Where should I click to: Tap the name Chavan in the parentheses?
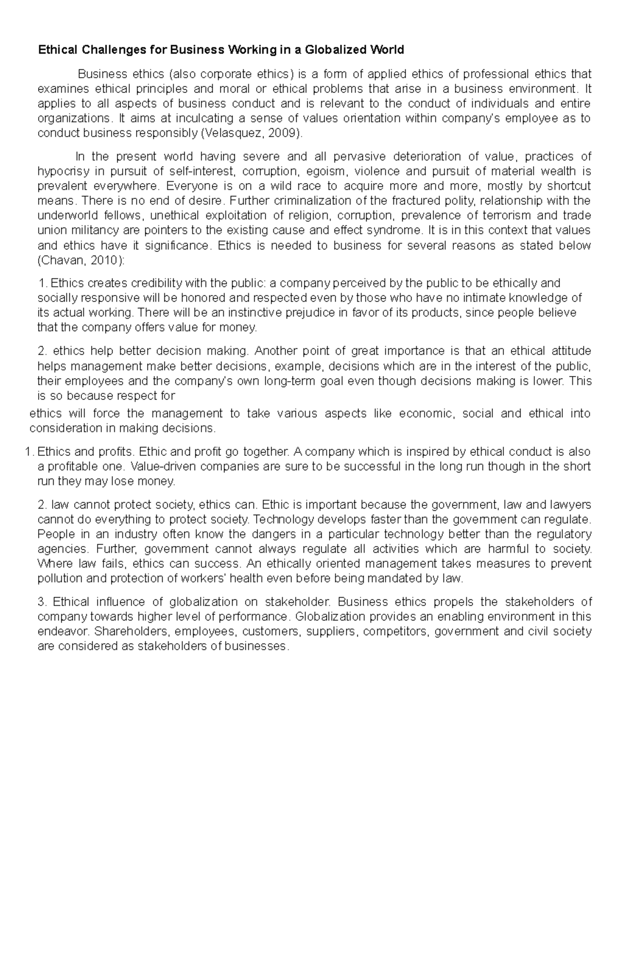[59, 260]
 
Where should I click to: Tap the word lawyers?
[570, 505]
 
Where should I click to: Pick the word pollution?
[58, 578]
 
